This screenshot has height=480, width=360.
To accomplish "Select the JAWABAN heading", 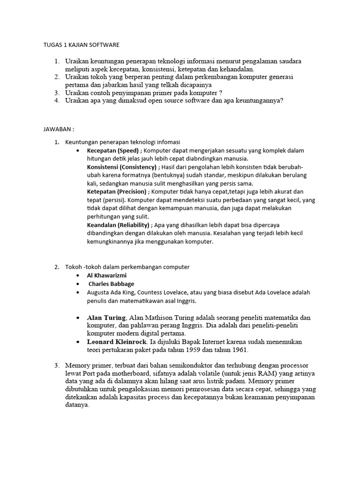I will coord(56,128).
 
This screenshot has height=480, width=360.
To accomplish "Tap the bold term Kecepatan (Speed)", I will coord(113,150).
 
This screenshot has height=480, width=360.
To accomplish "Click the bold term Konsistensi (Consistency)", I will coord(122,167).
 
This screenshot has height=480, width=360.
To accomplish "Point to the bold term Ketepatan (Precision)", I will coord(116,192).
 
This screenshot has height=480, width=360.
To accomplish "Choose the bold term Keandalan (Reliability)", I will coord(118,225).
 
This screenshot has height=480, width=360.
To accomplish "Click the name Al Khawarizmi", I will coord(107,275).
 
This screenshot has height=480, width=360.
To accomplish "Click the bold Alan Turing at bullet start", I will coord(106,317).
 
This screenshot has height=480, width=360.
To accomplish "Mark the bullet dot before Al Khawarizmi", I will coord(77,276).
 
